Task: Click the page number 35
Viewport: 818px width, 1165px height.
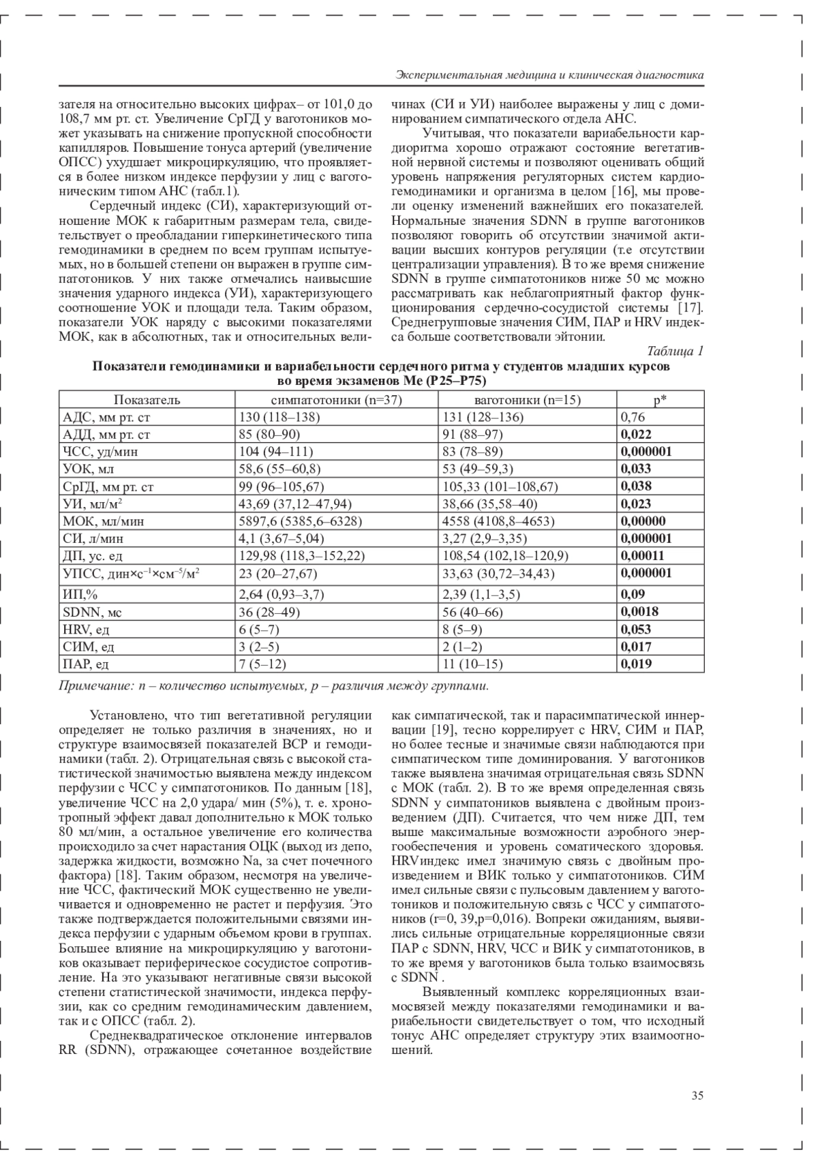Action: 697,1096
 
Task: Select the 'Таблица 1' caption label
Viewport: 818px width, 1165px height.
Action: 675,351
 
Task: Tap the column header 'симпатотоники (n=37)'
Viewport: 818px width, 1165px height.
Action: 337,400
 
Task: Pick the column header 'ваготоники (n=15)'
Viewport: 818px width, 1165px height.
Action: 528,400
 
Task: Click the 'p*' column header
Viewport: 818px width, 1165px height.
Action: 660,400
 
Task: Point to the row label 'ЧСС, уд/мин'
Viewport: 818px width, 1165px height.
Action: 96,452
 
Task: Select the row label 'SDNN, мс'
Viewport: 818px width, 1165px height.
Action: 92,612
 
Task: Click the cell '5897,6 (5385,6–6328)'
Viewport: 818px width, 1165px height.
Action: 300,521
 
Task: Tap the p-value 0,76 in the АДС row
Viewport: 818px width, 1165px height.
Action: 633,417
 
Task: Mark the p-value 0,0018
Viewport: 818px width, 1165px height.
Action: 639,612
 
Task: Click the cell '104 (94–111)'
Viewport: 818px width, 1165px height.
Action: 275,452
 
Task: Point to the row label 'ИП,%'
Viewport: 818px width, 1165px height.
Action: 81,595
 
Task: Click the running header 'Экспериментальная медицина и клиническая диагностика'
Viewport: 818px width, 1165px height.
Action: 549,75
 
